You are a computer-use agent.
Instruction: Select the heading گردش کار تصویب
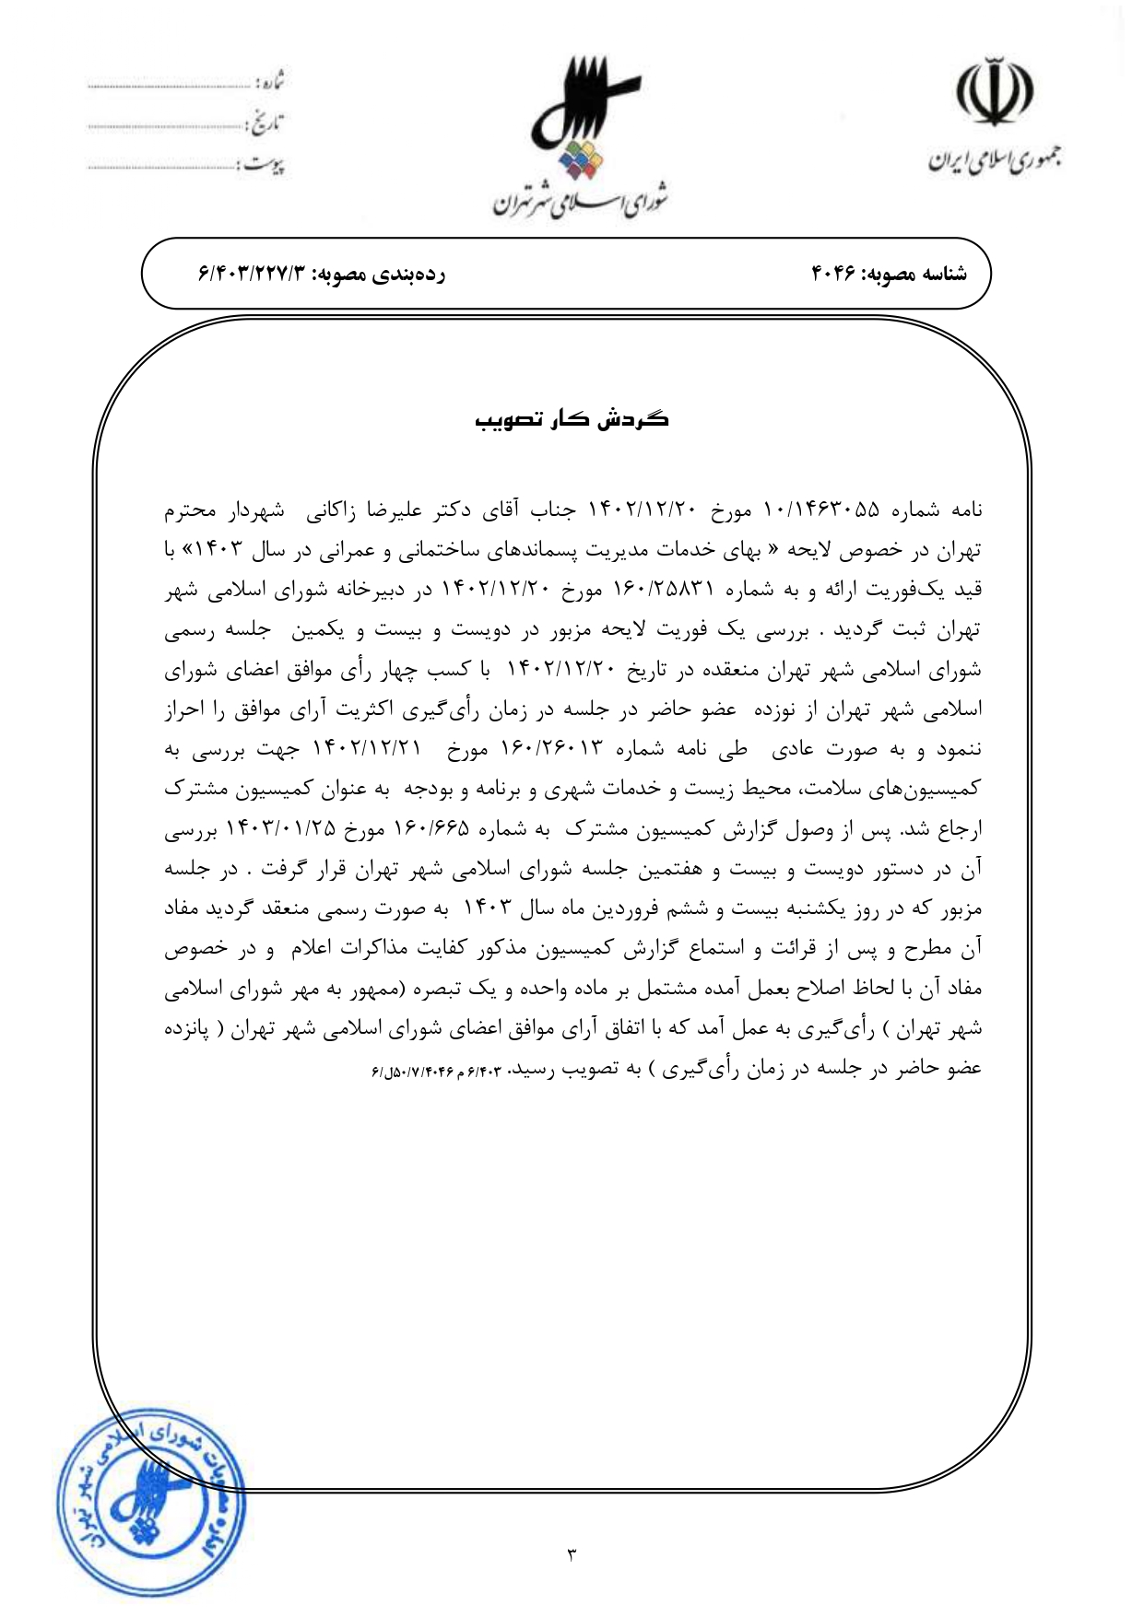[x=572, y=420]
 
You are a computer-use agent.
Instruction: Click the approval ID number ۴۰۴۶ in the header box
[x=833, y=274]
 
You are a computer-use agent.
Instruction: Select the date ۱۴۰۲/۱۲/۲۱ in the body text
[x=367, y=749]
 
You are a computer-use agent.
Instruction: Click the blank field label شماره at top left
[x=268, y=82]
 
